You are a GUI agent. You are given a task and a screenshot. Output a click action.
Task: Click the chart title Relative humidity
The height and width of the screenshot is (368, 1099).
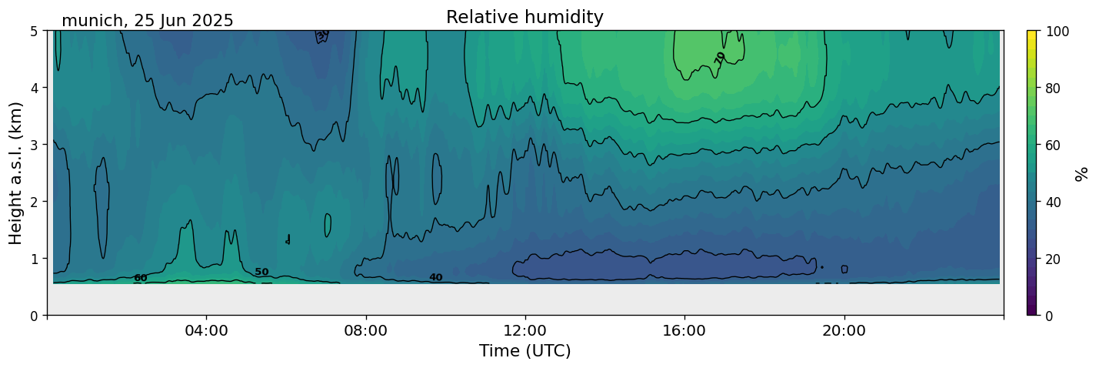(x=525, y=18)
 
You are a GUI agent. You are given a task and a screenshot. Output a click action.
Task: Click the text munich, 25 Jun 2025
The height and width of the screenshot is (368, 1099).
(x=147, y=21)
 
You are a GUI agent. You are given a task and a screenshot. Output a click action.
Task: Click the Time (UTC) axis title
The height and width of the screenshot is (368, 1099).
(x=525, y=351)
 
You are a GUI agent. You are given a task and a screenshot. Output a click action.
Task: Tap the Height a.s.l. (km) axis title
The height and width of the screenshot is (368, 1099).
(x=16, y=172)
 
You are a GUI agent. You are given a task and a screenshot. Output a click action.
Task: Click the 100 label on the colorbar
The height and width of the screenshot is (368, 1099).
(x=1057, y=32)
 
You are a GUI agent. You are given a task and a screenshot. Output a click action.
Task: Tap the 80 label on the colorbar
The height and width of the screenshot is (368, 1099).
(x=1054, y=89)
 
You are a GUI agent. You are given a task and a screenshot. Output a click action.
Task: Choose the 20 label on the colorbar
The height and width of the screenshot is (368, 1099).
(x=1054, y=259)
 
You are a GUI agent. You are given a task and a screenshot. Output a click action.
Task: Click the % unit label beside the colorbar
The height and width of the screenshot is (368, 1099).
(x=1082, y=173)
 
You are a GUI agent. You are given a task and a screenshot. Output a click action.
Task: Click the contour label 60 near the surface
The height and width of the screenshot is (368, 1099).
(x=140, y=278)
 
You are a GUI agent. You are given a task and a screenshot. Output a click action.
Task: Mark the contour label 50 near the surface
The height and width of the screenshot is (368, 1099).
(x=261, y=272)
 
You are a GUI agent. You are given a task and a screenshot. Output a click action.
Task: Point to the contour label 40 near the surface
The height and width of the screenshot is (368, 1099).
(x=435, y=277)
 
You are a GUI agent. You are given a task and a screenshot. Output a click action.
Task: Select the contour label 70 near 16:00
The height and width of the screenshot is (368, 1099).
(x=720, y=57)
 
